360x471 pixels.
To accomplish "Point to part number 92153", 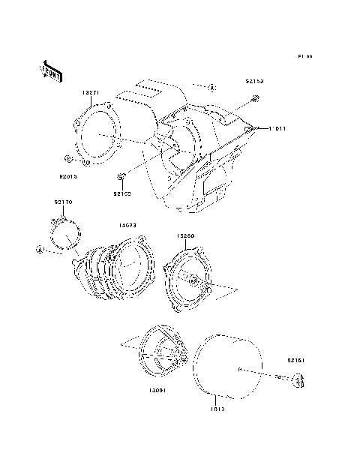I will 253,80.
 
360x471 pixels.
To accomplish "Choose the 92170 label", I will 63,202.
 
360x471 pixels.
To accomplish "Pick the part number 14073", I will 126,224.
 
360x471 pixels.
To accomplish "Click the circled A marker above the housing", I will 212,88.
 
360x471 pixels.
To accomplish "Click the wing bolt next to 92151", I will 297,382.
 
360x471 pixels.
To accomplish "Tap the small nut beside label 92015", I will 69,159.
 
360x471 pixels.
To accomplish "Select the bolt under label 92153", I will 255,99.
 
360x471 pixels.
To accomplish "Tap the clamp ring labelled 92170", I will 64,232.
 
